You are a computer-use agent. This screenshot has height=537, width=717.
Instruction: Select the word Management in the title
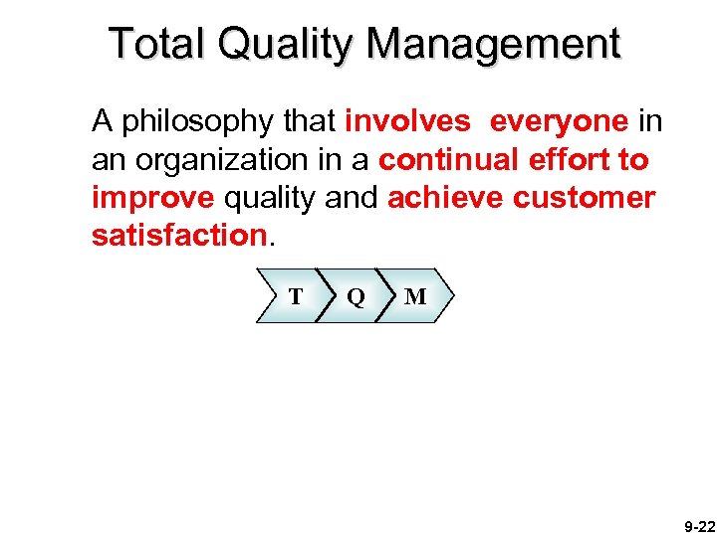tap(495, 46)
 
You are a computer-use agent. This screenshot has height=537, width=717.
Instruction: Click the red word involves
tap(407, 121)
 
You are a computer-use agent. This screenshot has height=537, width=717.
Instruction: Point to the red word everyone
tap(559, 123)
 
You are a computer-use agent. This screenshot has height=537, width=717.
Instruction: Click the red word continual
tap(441, 159)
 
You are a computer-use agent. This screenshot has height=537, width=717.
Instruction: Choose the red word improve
tap(152, 199)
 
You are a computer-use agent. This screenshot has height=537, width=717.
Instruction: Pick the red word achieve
tap(445, 197)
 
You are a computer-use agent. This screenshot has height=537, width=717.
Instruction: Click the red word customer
tap(585, 197)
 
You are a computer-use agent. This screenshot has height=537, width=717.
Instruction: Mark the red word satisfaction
tap(178, 235)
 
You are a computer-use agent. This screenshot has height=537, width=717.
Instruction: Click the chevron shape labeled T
tap(291, 296)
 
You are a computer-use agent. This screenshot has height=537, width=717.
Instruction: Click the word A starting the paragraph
tap(101, 121)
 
